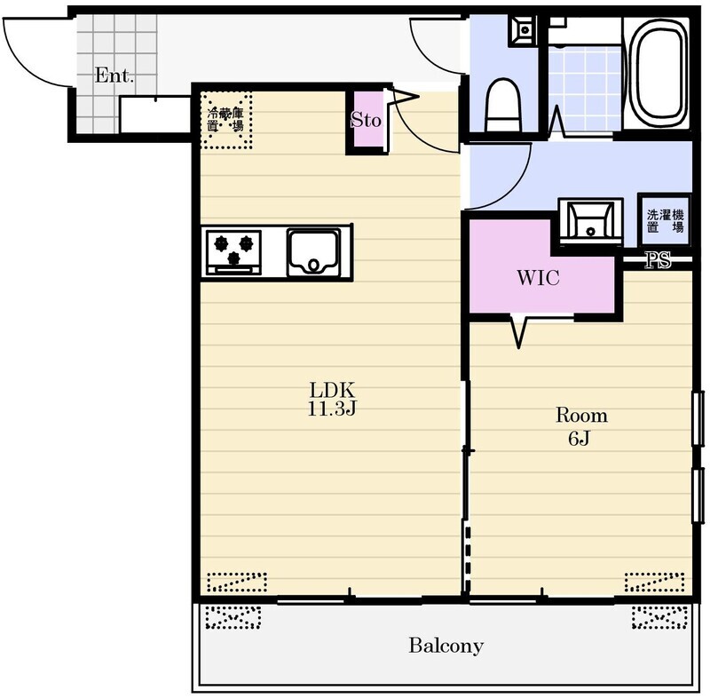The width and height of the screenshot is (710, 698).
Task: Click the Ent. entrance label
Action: tap(114, 75)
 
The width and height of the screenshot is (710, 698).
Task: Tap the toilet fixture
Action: tap(502, 106)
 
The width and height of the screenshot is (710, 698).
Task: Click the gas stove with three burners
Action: tap(233, 252)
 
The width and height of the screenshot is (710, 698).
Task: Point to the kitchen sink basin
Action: tap(313, 253)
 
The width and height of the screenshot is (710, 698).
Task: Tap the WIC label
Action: tap(538, 277)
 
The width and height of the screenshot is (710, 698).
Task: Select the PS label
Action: tap(658, 260)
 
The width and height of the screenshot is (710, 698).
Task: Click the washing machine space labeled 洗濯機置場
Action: tap(665, 220)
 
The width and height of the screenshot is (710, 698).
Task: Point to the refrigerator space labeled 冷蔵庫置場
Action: tap(226, 120)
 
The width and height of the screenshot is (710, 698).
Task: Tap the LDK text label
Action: tap(332, 389)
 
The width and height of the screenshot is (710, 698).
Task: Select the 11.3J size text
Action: tap(332, 408)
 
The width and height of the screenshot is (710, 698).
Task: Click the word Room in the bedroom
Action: tap(581, 415)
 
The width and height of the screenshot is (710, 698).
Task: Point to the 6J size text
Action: tap(580, 438)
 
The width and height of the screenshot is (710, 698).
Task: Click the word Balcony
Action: tap(446, 646)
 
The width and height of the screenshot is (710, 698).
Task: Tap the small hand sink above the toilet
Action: tap(524, 30)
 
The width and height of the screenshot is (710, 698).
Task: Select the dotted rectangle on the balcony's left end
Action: tap(233, 616)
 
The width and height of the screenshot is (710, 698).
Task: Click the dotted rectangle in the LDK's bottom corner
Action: tap(236, 583)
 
